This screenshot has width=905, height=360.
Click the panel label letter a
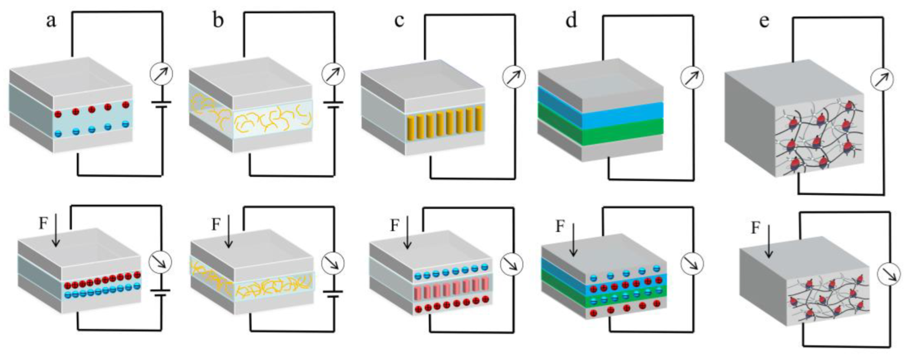pyautogui.click(x=51, y=22)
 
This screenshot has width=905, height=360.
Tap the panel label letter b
pyautogui.click(x=218, y=21)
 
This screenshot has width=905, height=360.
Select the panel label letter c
pyautogui.click(x=399, y=21)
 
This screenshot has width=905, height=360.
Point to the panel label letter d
pyautogui.click(x=571, y=21)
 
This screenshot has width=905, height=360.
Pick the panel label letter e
pyautogui.click(x=764, y=21)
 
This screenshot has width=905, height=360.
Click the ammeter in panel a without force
pyautogui.click(x=162, y=74)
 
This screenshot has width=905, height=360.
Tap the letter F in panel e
pyautogui.click(x=755, y=228)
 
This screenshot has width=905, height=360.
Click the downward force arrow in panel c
pyautogui.click(x=408, y=232)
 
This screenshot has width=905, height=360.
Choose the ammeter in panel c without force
pyautogui.click(x=514, y=77)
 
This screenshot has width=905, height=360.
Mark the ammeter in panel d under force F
pyautogui.click(x=691, y=264)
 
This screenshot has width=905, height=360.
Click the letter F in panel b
pyautogui.click(x=216, y=224)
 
